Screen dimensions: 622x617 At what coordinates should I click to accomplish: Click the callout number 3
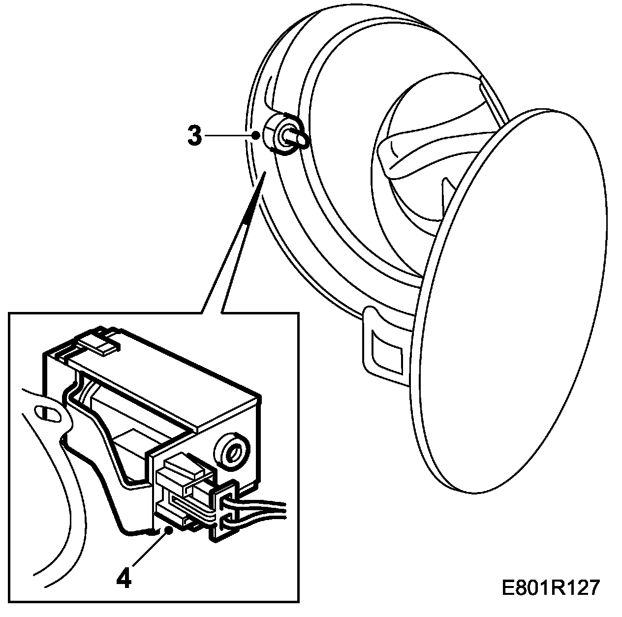coord(195,135)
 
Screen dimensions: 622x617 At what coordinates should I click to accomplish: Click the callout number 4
coord(124,578)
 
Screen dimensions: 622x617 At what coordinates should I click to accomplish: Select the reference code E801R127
coord(551,587)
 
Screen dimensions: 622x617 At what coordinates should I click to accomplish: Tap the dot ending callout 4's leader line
coord(169,529)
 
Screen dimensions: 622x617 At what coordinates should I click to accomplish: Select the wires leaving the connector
coord(261,509)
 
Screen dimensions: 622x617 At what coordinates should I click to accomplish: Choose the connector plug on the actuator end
coord(185,492)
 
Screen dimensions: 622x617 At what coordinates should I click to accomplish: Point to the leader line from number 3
coord(229,135)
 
